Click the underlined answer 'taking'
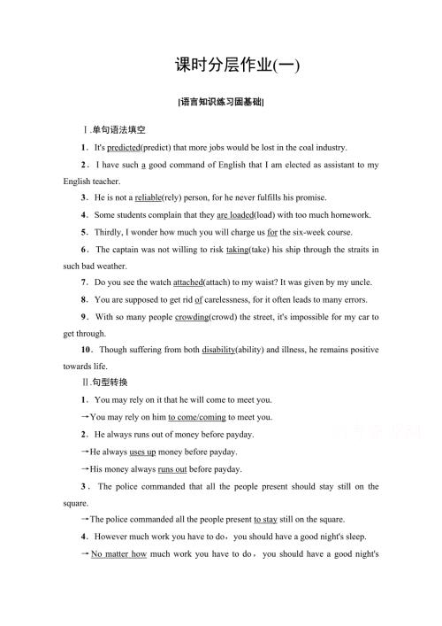coord(237,249)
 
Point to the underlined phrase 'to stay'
coord(266,519)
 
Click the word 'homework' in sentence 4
coord(348,214)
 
